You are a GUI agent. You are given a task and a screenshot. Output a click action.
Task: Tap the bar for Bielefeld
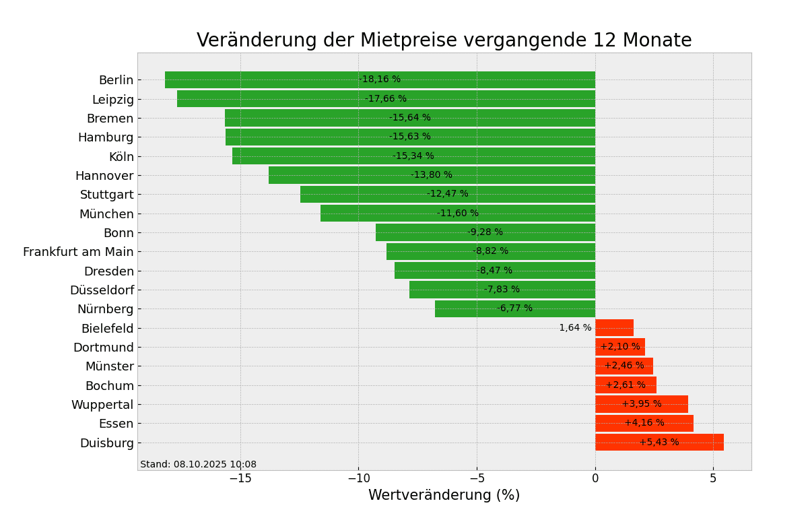click(x=614, y=328)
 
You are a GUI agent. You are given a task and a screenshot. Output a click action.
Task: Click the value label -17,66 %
click(x=386, y=99)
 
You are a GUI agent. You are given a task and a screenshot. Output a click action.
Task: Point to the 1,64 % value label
click(x=575, y=328)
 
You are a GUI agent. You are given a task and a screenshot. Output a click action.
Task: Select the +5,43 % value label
click(x=659, y=443)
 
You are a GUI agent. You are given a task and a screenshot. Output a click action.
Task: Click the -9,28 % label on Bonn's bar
click(x=485, y=232)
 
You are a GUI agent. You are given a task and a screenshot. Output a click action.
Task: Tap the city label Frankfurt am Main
click(x=78, y=252)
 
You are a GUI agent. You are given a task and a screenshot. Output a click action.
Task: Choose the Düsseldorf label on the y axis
click(x=102, y=290)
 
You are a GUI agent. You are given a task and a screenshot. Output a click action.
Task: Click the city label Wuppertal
click(x=102, y=405)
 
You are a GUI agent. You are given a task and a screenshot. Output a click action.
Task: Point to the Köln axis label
click(x=121, y=157)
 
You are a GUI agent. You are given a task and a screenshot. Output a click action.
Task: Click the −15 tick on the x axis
click(x=240, y=479)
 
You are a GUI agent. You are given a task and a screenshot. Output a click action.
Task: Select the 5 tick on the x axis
click(x=713, y=479)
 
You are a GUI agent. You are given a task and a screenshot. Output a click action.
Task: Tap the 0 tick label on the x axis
click(x=595, y=479)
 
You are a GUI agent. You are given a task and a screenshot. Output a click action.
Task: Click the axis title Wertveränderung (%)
click(x=444, y=496)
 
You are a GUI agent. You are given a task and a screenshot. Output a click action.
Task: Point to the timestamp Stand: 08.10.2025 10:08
click(x=198, y=465)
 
